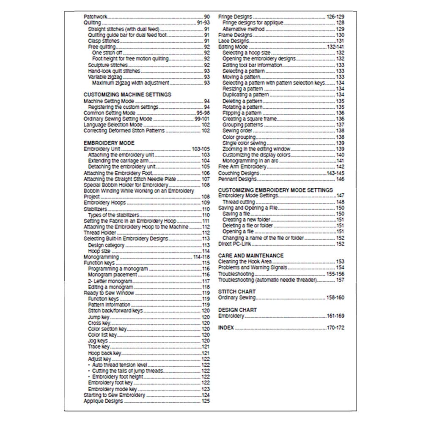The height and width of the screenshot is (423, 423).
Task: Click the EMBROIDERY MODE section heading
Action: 109,143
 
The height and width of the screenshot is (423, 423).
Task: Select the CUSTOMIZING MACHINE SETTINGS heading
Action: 127,95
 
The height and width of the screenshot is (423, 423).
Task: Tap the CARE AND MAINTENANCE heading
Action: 250,255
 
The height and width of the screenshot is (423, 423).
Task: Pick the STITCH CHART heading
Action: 237,291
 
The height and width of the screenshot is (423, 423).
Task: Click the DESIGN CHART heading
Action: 237,310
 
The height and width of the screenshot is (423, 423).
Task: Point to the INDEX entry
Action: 226,328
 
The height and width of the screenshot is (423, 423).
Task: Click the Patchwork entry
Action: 95,16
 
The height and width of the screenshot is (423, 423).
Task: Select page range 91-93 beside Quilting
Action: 203,22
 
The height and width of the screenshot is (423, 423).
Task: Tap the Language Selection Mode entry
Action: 113,125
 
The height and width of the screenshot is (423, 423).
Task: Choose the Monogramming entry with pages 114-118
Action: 101,257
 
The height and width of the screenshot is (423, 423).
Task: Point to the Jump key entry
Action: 99,317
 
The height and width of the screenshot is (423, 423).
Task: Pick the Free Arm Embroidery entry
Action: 242,167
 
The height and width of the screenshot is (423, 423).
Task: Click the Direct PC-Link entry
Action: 235,244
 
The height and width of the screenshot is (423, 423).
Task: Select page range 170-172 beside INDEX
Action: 335,328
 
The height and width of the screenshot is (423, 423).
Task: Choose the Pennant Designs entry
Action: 237,179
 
